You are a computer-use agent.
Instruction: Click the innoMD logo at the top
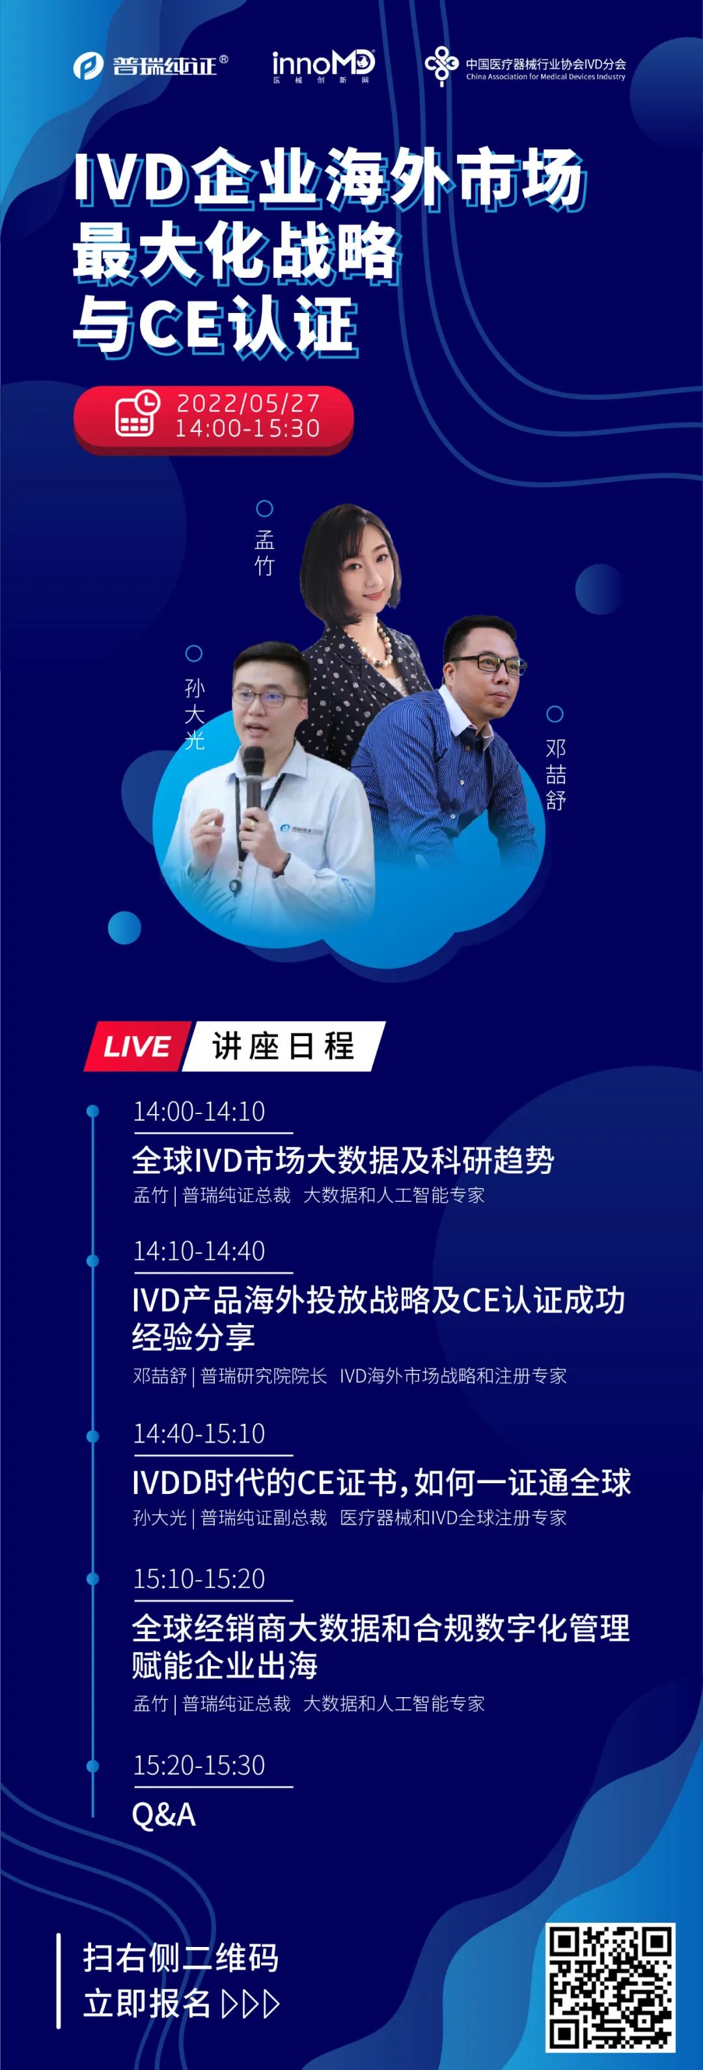tap(323, 66)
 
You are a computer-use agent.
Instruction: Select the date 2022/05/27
tap(248, 402)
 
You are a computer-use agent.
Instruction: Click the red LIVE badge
tap(137, 1046)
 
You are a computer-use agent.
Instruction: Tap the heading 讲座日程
tap(283, 1046)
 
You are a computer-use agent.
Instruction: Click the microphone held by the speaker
tap(253, 776)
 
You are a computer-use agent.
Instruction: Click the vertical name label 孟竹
tap(264, 553)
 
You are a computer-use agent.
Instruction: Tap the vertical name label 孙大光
tap(195, 714)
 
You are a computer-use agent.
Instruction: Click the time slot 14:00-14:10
tap(199, 1111)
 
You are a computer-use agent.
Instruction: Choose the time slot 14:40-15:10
tap(199, 1433)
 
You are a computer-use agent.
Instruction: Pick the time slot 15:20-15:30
tap(199, 1765)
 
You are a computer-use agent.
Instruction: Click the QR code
tap(610, 1987)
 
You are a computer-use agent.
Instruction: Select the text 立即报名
tap(147, 2004)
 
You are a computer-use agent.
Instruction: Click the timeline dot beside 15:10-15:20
tap(92, 1579)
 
